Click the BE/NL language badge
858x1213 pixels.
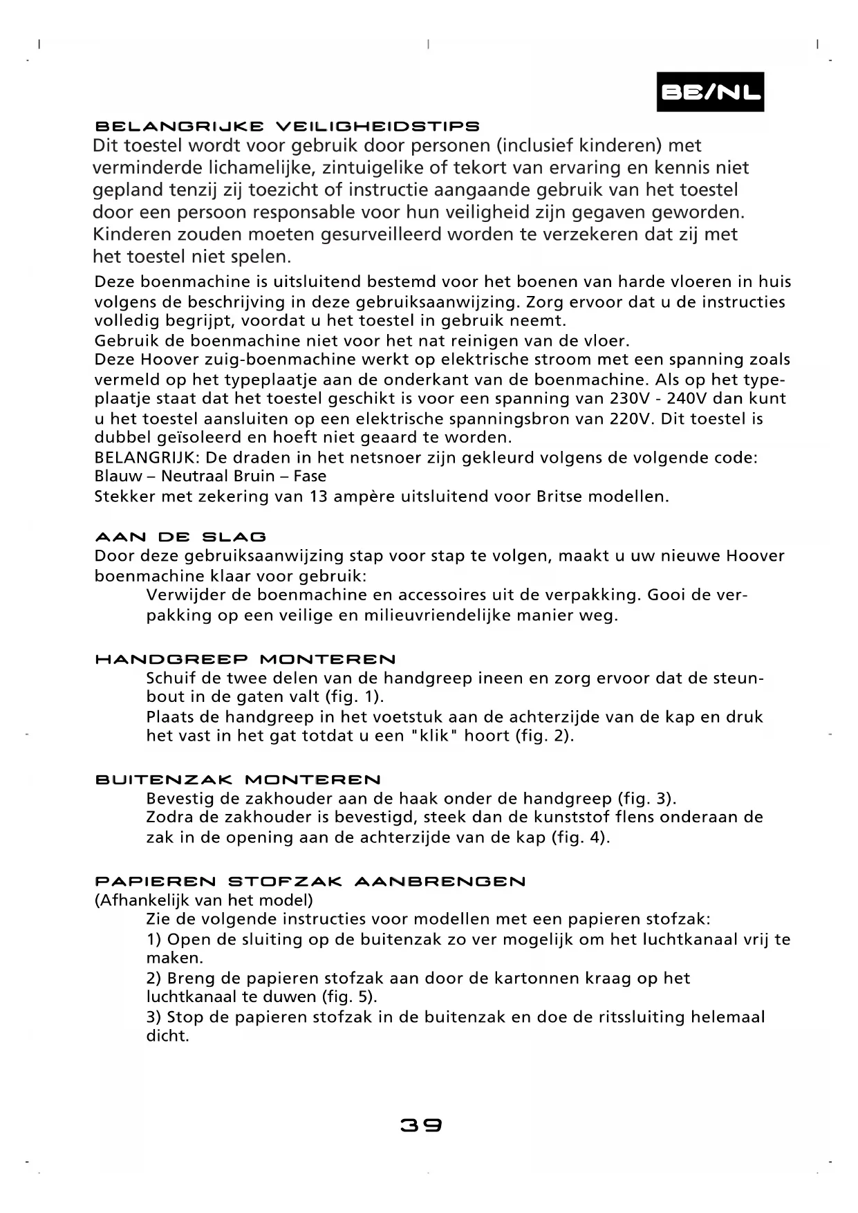pos(710,92)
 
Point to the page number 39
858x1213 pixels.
pos(421,1125)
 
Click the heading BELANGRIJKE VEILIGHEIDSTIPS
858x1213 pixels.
pos(287,127)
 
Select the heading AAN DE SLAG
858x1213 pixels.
pos(180,537)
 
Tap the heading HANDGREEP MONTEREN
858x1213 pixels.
pos(245,660)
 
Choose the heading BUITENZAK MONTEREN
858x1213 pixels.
pos(238,780)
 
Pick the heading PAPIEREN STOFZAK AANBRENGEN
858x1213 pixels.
pos(310,882)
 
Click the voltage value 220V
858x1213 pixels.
pos(630,418)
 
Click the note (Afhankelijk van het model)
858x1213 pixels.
pos(203,900)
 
